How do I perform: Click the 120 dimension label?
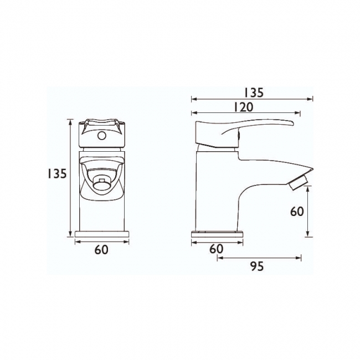tap(244, 107)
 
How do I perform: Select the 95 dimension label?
tap(256, 266)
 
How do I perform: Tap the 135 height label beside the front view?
tap(56, 173)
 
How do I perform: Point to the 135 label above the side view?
tap(253, 92)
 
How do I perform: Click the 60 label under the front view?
tap(101, 250)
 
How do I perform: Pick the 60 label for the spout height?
tap(297, 211)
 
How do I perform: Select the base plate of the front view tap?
tap(101, 234)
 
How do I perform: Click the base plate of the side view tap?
tap(217, 234)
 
